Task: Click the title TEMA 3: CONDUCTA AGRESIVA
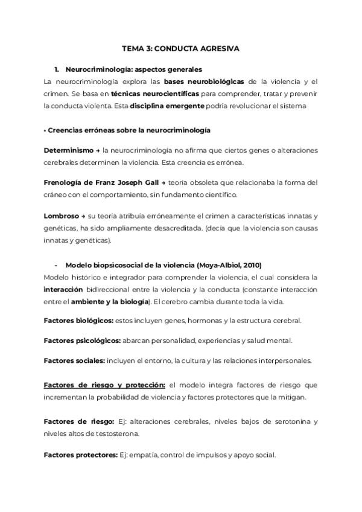pos(181,48)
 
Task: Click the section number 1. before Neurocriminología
pos(57,69)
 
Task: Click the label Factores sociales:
pos(74,360)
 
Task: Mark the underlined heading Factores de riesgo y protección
pos(104,385)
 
